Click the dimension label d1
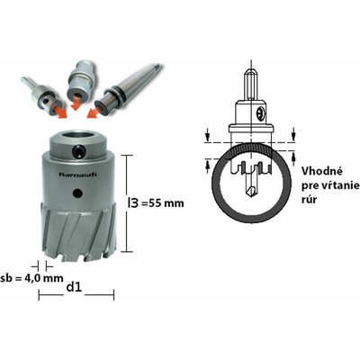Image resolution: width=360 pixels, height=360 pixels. [74, 287]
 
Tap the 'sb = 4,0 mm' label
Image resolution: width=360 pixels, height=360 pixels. [31, 278]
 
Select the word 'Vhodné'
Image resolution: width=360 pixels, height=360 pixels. [321, 172]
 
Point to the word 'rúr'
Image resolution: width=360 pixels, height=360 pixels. [309, 200]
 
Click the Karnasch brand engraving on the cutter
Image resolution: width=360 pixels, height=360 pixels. [76, 175]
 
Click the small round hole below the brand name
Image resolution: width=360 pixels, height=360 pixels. [78, 193]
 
